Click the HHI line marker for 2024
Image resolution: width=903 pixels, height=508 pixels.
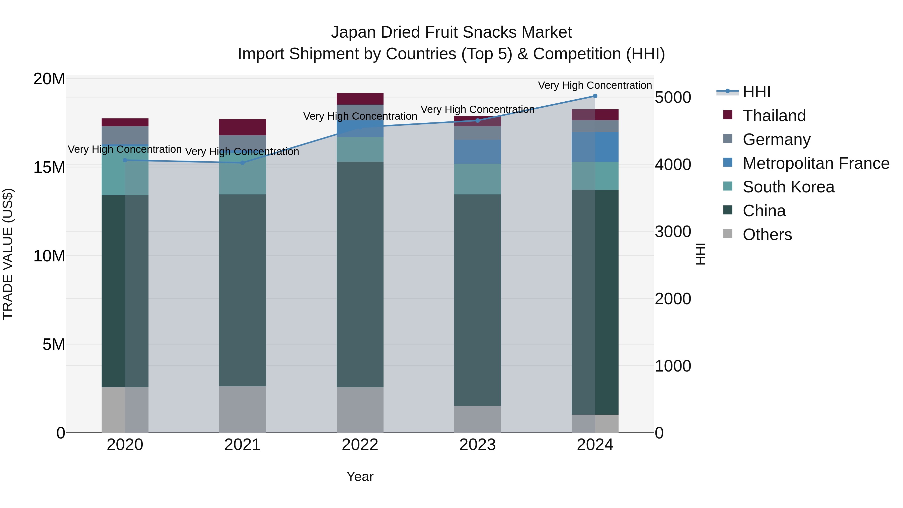coord(595,96)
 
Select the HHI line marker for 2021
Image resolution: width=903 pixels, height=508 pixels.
coord(243,163)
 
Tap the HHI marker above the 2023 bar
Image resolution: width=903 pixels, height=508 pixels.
coord(477,121)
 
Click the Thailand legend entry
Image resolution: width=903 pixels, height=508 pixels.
coord(774,116)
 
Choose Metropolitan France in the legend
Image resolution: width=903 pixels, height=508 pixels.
coord(816,163)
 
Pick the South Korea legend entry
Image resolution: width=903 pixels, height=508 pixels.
coord(788,187)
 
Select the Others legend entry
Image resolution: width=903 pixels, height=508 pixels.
coord(767,235)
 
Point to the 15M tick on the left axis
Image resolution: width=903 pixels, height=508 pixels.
coord(49,168)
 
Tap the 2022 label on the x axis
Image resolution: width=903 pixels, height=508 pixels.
coord(360,445)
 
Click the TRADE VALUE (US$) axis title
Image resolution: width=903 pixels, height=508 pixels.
coord(8,254)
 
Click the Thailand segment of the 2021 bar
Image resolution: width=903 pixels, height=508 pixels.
coord(243,127)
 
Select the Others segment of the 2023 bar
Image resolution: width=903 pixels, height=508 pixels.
coord(477,419)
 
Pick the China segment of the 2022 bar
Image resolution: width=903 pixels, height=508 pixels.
coord(360,274)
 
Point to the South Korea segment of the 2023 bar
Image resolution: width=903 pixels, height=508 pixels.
coord(477,179)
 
